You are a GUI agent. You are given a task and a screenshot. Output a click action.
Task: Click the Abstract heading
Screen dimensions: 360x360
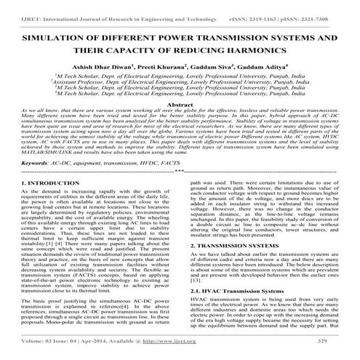(x=180, y=125)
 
